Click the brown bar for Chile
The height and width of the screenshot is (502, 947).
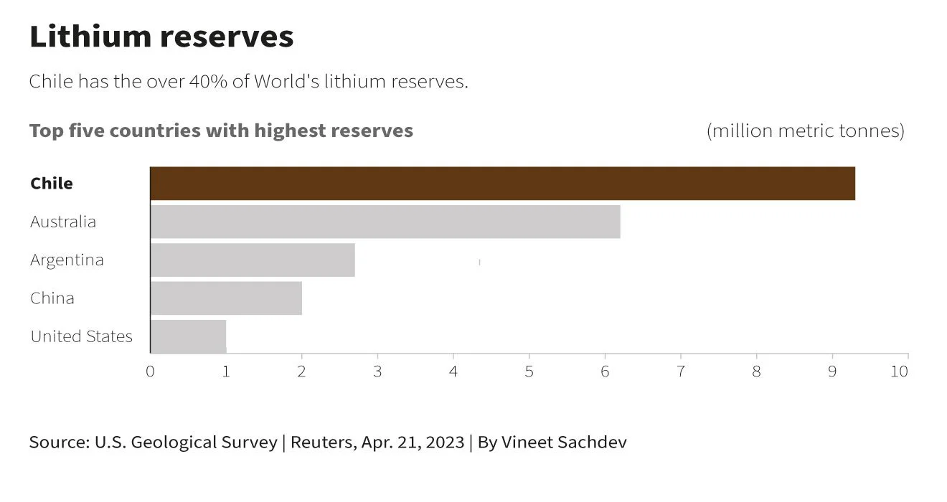tap(502, 184)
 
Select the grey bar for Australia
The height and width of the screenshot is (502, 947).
tap(385, 222)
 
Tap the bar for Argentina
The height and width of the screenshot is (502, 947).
tap(253, 260)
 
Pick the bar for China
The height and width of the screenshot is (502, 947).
tap(226, 298)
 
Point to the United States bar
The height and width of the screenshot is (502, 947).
tap(188, 336)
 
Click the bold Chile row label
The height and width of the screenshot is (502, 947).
tap(52, 184)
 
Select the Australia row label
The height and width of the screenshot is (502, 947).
tap(63, 222)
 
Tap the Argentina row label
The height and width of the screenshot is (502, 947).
tap(67, 260)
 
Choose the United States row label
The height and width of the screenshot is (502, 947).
tap(81, 336)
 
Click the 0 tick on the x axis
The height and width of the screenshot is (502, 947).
tap(150, 371)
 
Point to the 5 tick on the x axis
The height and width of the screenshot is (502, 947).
tap(529, 371)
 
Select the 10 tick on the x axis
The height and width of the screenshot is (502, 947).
tap(899, 371)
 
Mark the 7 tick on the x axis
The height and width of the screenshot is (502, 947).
tap(680, 371)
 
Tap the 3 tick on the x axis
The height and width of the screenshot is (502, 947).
tap(377, 371)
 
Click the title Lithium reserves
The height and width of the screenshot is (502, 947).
tap(161, 37)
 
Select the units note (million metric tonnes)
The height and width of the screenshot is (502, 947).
tap(805, 131)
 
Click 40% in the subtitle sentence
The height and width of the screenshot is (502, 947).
tap(208, 82)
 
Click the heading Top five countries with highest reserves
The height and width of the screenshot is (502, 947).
tap(221, 131)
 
